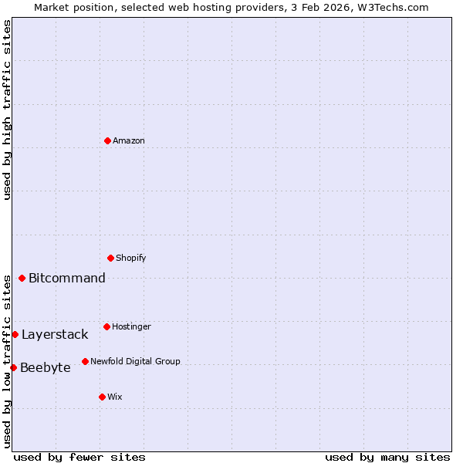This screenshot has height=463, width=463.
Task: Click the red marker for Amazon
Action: pyautogui.click(x=107, y=140)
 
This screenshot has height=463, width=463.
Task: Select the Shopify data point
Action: pyautogui.click(x=110, y=258)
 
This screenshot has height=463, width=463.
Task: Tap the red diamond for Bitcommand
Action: pyautogui.click(x=22, y=278)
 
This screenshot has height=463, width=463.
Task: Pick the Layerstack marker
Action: pyautogui.click(x=15, y=334)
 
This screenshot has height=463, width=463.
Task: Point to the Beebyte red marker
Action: pyautogui.click(x=13, y=367)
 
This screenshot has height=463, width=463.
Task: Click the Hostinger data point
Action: pyautogui.click(x=106, y=326)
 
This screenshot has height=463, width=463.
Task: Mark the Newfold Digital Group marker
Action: pyautogui.click(x=85, y=361)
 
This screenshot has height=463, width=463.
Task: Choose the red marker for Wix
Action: pyautogui.click(x=102, y=397)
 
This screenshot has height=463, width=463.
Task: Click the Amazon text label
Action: pyautogui.click(x=129, y=140)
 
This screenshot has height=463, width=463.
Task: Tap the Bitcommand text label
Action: pyautogui.click(x=67, y=278)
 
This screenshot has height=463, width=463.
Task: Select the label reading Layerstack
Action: pyautogui.click(x=55, y=334)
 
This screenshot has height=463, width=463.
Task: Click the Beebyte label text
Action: pyautogui.click(x=46, y=367)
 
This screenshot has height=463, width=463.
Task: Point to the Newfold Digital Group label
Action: pyautogui.click(x=135, y=361)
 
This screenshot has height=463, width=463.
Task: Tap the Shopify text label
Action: pyautogui.click(x=131, y=258)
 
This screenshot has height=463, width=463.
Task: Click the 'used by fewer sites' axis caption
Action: pyautogui.click(x=79, y=457)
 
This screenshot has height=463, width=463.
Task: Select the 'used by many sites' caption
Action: pyautogui.click(x=387, y=457)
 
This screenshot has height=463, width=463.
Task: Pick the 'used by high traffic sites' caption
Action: pyautogui.click(x=7, y=110)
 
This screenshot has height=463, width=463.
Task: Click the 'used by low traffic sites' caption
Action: pyautogui.click(x=7, y=361)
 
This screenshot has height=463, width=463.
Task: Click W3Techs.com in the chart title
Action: pyautogui.click(x=396, y=7)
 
